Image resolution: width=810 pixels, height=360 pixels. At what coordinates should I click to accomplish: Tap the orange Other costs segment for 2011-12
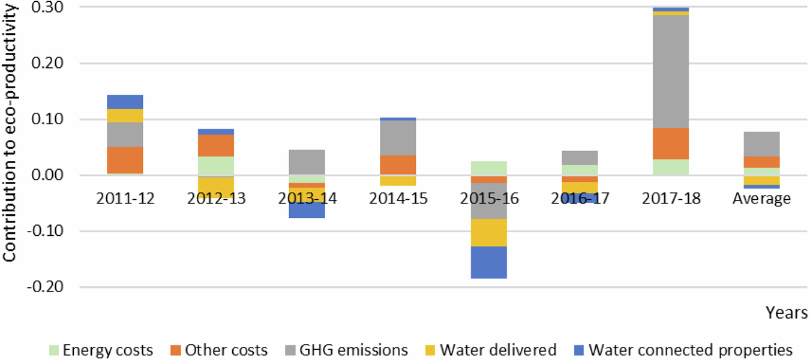point(125,160)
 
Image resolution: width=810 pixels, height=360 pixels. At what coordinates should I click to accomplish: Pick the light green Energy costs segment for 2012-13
point(216,166)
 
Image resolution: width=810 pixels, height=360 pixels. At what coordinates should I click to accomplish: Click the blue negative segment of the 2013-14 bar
point(307,210)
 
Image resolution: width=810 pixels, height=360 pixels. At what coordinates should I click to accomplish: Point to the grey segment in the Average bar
point(761,144)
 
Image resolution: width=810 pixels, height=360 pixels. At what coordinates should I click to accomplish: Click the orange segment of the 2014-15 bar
point(398,165)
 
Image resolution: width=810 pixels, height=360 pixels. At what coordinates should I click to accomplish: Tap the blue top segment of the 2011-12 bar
point(125,102)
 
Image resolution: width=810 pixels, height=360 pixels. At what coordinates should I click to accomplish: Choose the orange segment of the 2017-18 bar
point(671,143)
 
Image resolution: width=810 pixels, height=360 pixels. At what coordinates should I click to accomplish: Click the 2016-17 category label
point(580,199)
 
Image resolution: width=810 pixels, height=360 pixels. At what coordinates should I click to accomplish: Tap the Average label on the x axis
point(761,199)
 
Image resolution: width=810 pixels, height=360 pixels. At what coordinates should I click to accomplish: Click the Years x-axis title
point(786,313)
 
